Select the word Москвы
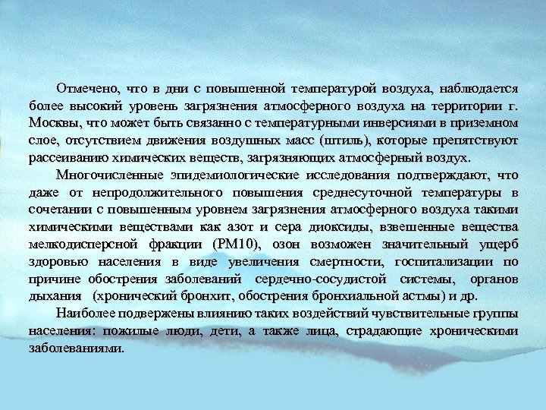(x=52, y=122)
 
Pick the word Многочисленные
(x=105, y=175)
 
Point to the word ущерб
(x=499, y=244)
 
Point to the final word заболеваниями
(x=76, y=349)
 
